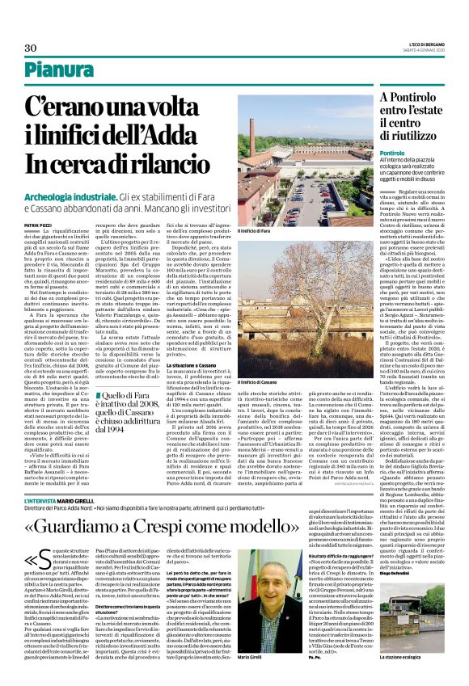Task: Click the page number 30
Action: (32, 48)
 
